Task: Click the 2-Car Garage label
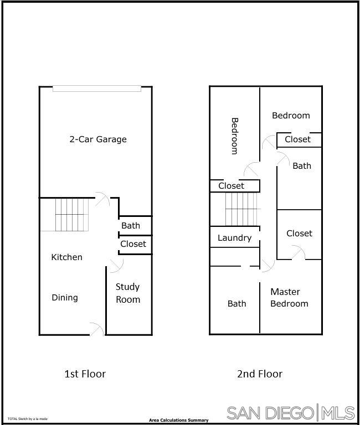point(97,139)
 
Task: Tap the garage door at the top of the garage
point(97,89)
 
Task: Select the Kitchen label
point(66,257)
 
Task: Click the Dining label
point(65,298)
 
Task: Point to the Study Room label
point(128,293)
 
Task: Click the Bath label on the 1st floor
point(131,226)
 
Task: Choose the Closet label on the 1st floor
point(133,244)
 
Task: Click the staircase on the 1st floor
point(71,215)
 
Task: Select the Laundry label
point(234,238)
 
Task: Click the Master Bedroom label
point(289,298)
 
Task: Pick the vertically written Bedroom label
point(234,136)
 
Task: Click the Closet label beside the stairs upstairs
point(231,186)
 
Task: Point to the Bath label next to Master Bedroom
point(236,304)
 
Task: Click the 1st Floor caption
point(85,374)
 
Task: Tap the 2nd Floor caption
point(260,374)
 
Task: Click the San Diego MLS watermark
point(291,413)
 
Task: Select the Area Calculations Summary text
point(178,421)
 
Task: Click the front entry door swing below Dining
point(97,329)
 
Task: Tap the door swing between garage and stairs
point(102,199)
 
